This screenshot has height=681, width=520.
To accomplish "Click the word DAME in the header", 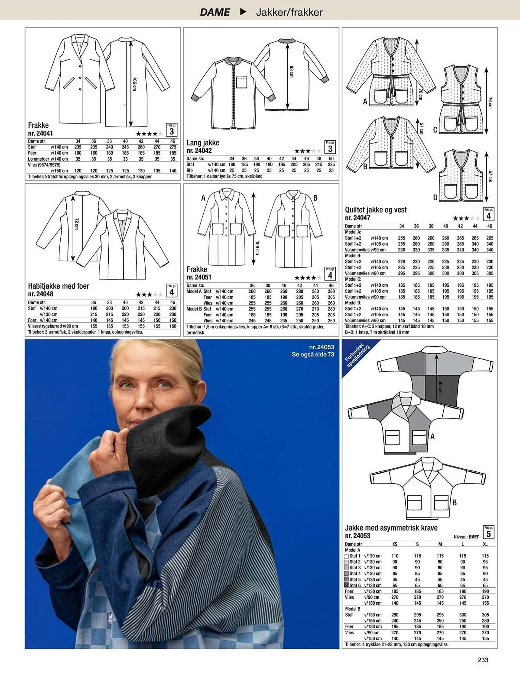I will [x=215, y=12].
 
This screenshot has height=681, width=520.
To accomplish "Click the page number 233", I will [x=483, y=660].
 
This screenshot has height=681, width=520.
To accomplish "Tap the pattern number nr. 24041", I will [x=40, y=133].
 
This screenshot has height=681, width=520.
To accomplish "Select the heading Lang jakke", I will [x=203, y=143].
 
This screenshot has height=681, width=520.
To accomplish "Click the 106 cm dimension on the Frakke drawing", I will [x=134, y=84].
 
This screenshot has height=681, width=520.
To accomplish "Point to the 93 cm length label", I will [x=291, y=72].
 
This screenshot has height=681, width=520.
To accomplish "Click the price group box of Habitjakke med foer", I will [x=172, y=291].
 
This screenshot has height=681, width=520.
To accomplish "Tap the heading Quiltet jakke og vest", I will [x=376, y=210].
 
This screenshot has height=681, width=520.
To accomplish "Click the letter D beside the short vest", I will [x=435, y=197].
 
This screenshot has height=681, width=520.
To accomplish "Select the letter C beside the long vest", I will [x=435, y=130].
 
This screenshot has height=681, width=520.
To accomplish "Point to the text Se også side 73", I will [x=313, y=354].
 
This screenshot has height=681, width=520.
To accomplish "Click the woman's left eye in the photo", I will [x=164, y=385].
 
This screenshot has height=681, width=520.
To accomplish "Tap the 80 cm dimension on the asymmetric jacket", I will [x=440, y=387].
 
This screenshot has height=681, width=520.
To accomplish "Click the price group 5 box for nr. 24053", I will [x=489, y=533].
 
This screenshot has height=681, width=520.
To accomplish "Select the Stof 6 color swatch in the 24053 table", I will [x=346, y=586].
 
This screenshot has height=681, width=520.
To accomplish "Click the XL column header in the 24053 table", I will [x=485, y=544].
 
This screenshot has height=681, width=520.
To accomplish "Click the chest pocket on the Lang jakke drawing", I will [x=241, y=83].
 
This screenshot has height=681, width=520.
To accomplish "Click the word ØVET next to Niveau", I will [x=474, y=537].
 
